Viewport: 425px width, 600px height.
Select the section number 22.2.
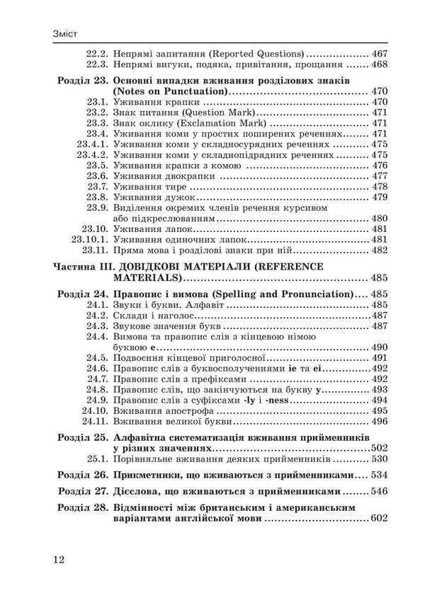pyautogui.click(x=96, y=53)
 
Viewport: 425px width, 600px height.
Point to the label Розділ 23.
pyautogui.click(x=81, y=81)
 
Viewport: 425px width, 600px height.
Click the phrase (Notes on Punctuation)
pyautogui.click(x=170, y=91)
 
